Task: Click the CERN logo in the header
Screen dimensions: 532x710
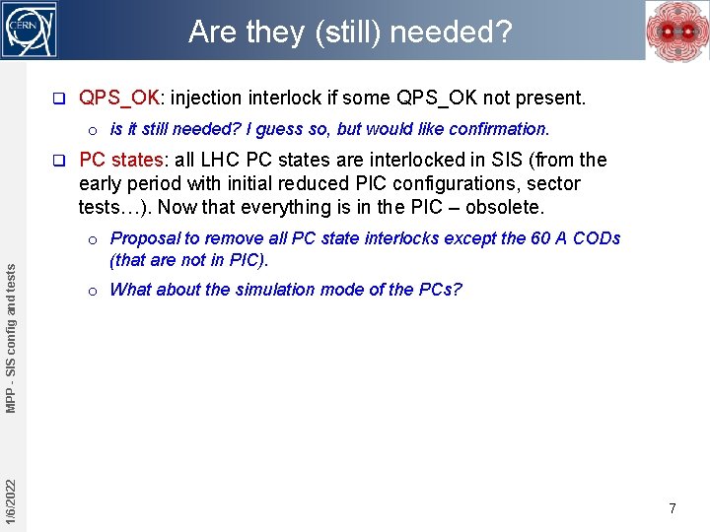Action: click(32, 31)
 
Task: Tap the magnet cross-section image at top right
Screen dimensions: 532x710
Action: click(676, 32)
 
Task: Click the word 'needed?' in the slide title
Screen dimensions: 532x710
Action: click(458, 33)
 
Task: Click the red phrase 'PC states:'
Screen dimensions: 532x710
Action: click(123, 160)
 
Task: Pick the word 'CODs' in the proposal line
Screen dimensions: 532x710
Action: click(598, 238)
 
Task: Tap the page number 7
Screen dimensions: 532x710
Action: click(673, 508)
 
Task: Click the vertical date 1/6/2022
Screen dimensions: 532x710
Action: click(10, 501)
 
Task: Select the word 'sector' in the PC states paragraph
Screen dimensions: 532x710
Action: click(554, 183)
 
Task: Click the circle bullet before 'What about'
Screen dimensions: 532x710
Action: click(91, 291)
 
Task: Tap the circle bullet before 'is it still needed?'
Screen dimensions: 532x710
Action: click(91, 130)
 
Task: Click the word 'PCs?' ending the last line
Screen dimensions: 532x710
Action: click(441, 290)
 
